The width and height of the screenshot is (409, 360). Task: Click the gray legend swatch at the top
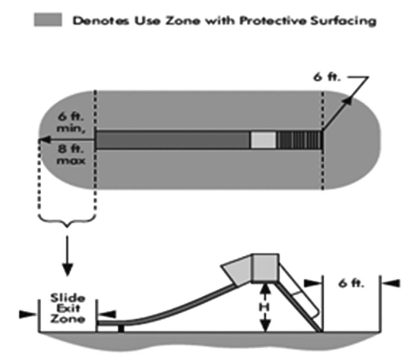click(48, 20)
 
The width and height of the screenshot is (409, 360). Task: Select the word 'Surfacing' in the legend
click(346, 20)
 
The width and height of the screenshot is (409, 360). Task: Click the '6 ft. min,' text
click(67, 123)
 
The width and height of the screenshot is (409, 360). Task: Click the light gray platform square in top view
click(263, 140)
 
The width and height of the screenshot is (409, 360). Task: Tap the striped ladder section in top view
click(300, 140)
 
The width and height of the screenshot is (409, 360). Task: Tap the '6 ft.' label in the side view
click(351, 283)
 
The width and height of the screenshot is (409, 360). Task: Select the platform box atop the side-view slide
click(265, 267)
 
